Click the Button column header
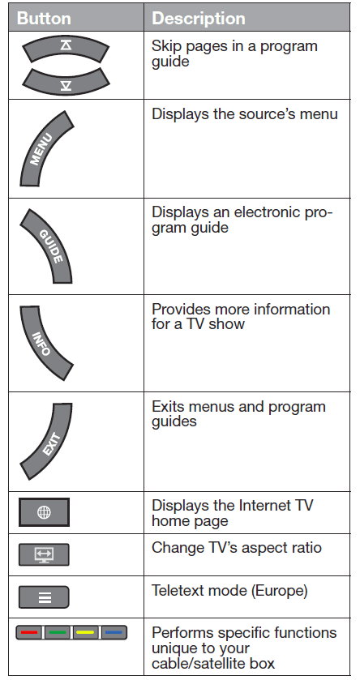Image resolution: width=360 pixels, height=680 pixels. click(x=44, y=18)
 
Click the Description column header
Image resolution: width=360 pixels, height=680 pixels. click(x=199, y=18)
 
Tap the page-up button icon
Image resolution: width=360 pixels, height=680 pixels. click(x=66, y=48)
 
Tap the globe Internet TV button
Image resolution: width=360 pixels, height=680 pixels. click(x=44, y=512)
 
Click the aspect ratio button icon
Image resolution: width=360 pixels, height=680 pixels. click(x=44, y=554)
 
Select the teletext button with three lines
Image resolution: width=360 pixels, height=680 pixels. click(x=44, y=597)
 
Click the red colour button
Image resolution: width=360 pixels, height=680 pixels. click(x=29, y=632)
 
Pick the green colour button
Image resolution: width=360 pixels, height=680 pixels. click(x=58, y=632)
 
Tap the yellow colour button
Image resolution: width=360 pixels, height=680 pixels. click(x=85, y=632)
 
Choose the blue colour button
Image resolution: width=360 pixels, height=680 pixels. click(x=114, y=632)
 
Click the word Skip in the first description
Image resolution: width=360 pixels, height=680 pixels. click(x=165, y=47)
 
